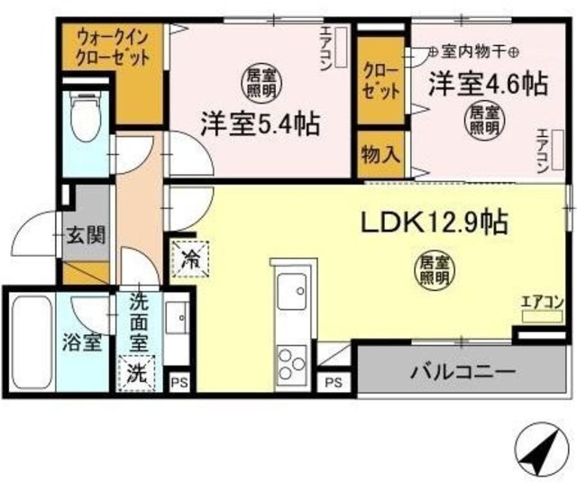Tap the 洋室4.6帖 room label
click(487, 85)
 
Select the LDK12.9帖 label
click(433, 220)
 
